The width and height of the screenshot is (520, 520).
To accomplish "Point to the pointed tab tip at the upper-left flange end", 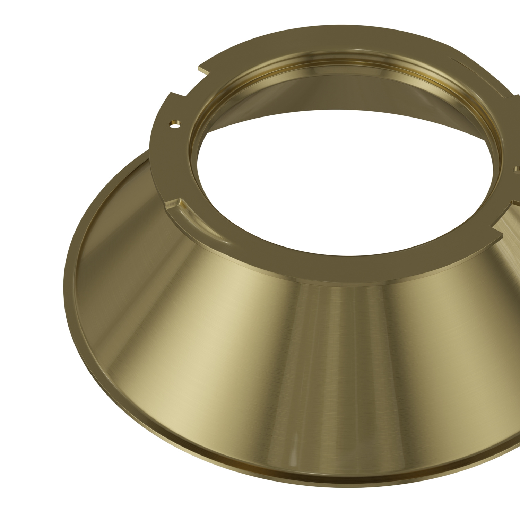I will (200, 70).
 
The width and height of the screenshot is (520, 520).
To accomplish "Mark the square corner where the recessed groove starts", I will (179, 200).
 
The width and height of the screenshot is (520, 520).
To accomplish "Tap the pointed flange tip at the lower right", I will (501, 235).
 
